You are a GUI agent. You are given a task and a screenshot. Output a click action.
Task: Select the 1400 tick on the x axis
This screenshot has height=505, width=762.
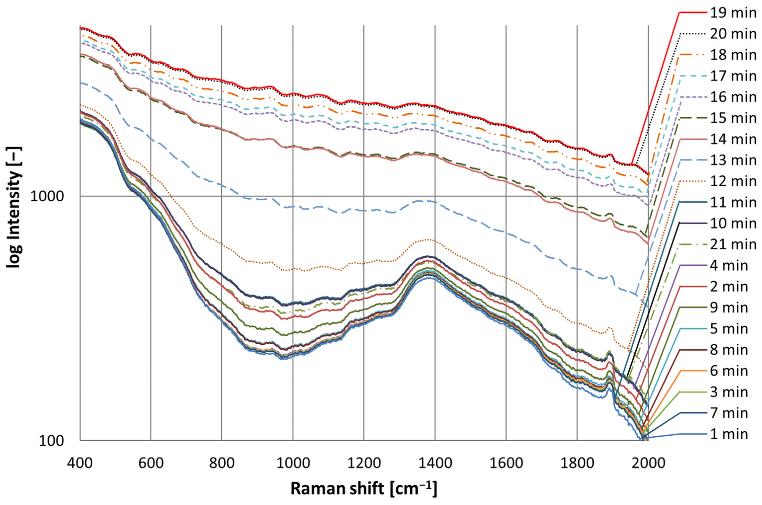tap(435, 463)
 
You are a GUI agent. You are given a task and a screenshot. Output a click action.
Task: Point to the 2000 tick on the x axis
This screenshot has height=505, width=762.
tap(648, 463)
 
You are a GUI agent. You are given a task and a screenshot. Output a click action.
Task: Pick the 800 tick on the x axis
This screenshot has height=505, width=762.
tap(222, 463)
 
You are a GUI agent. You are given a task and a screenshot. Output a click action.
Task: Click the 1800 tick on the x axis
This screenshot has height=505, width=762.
tap(577, 463)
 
